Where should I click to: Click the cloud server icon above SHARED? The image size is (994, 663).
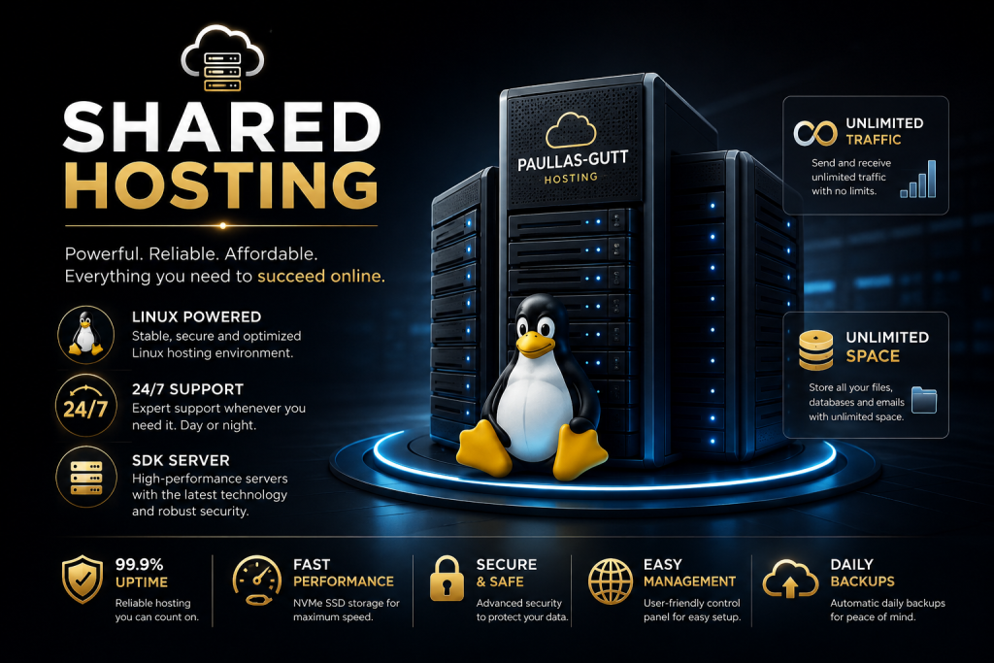point(222,59)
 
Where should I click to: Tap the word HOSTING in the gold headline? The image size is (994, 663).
point(222,184)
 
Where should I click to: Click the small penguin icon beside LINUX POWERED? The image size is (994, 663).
point(85,333)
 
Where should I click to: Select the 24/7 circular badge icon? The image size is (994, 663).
point(85,405)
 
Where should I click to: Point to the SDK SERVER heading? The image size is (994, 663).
point(181,460)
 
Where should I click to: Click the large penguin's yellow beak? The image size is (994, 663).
point(536,343)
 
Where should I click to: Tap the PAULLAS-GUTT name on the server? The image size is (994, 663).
point(573,160)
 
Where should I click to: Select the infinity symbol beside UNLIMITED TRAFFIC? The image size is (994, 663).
point(815,133)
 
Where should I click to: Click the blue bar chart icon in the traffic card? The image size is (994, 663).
point(918,180)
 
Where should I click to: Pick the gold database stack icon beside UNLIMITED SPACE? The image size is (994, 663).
point(815,349)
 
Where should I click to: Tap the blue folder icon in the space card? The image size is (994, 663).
point(924,400)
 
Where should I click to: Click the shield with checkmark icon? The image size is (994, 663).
point(83,580)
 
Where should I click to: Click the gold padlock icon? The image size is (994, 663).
point(447,579)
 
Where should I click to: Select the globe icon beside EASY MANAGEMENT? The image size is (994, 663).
point(611,581)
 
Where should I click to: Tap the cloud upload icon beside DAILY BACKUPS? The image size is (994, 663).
point(790,580)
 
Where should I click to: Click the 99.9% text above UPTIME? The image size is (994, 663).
point(140,564)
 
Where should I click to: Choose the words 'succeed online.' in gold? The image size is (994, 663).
point(320,277)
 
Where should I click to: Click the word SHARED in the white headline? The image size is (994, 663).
point(222,127)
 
